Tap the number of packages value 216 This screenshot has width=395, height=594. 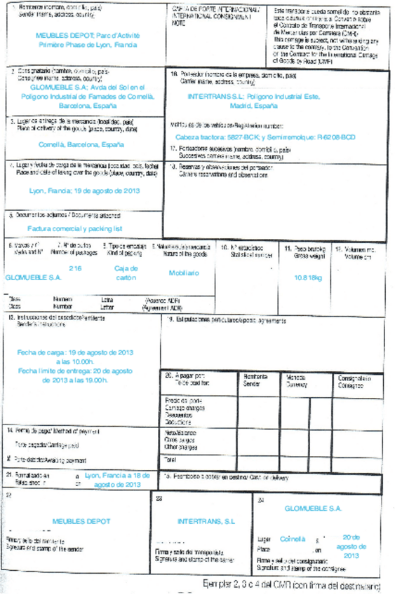click(x=75, y=268)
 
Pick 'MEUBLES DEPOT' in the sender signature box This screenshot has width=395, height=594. click(x=81, y=521)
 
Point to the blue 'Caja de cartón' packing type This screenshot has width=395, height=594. click(x=126, y=272)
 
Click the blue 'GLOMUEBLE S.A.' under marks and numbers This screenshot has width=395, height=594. click(x=33, y=277)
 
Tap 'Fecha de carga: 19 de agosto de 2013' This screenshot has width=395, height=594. click(x=74, y=352)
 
